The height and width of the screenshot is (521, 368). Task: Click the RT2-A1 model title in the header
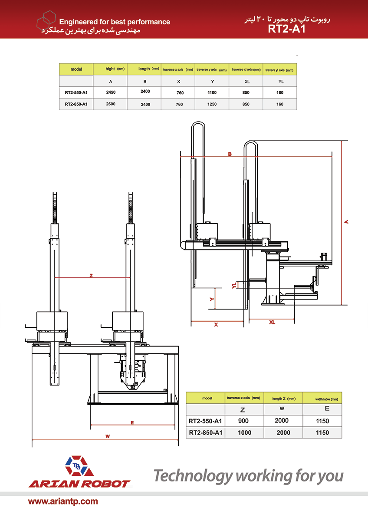(x=287, y=29)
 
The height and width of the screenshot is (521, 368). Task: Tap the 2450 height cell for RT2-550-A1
(x=110, y=92)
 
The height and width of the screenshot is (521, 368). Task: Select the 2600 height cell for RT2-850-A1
(x=110, y=104)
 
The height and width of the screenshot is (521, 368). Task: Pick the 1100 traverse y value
(x=212, y=92)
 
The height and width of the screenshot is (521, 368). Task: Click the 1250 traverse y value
(x=212, y=105)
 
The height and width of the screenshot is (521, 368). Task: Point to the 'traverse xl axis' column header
(x=246, y=69)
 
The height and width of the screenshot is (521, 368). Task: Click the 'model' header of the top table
(x=76, y=69)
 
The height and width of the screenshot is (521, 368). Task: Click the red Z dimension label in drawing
(x=91, y=275)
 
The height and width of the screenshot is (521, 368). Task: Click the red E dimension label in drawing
(x=132, y=422)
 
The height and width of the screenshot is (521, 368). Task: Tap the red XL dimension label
(x=272, y=322)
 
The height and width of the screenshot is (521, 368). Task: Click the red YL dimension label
(x=234, y=285)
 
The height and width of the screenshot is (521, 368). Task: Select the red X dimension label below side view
(x=216, y=324)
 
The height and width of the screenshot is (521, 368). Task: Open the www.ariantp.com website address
(x=63, y=501)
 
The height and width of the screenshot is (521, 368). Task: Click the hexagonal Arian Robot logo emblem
(x=79, y=467)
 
